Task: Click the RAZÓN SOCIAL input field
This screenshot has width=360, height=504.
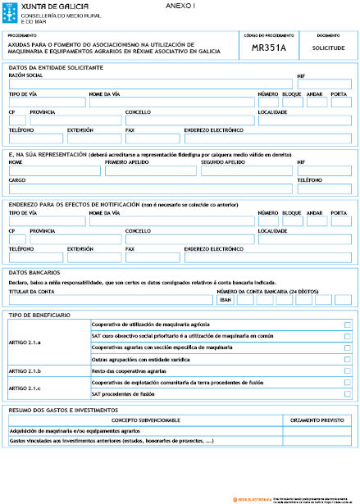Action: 151,84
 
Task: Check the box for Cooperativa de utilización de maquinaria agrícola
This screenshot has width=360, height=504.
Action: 348,325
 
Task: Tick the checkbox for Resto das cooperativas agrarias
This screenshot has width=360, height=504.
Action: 348,371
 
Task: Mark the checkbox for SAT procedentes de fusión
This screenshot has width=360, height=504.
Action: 348,394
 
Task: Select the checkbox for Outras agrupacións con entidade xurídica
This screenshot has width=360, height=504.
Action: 348,360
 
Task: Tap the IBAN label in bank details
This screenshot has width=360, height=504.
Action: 226,300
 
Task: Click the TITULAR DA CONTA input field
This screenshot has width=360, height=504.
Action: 110,300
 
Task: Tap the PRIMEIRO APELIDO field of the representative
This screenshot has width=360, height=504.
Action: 151,171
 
